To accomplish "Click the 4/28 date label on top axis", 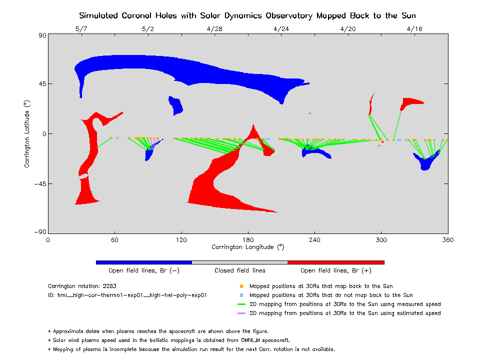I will pos(214,29).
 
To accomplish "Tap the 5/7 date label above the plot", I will pos(81,29).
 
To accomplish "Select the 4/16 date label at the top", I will pos(414,29).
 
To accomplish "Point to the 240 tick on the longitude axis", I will pos(314,239).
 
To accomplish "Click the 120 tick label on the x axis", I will pos(181,239).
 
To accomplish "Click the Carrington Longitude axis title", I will pos(247,247).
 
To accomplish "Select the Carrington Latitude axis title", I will pos(27,133).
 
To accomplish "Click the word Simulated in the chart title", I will pos(98,15).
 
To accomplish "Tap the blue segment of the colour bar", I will pos(143,262).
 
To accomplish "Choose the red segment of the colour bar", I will pos(335,262).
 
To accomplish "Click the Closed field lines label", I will pos(240,270).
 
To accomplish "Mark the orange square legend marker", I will pos(241,286).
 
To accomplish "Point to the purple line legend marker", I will pos(241,313).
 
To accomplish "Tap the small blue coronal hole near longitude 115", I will pos(176,105).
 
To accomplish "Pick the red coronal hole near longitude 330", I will pos(411,102).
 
